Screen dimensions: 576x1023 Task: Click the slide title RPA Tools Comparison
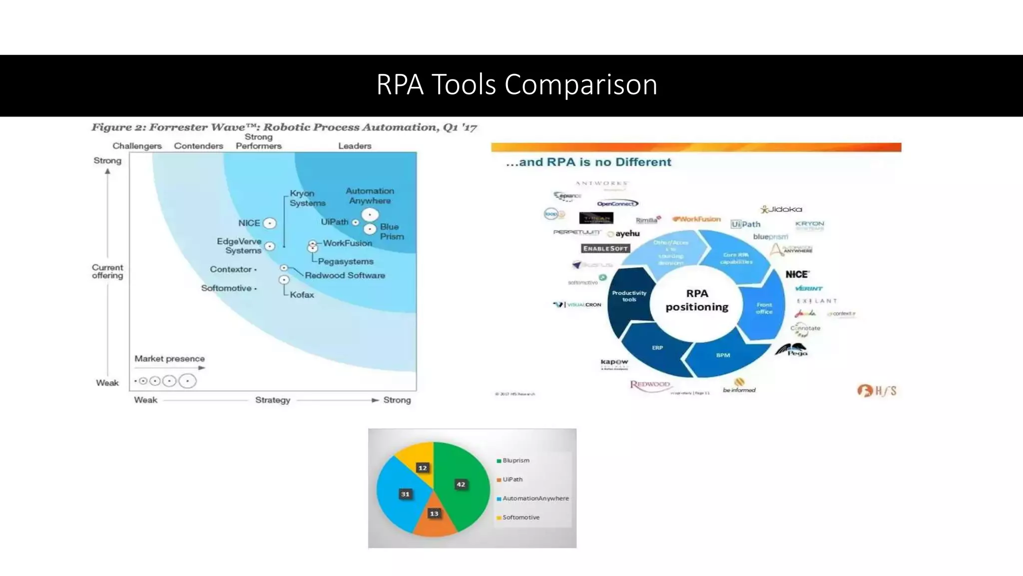(516, 84)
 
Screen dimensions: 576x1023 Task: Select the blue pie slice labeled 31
(402, 492)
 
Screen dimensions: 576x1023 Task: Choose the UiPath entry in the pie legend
(512, 479)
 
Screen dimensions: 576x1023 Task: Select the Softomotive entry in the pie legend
(520, 517)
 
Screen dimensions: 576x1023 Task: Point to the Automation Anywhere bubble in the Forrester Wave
(370, 215)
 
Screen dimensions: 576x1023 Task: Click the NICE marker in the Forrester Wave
(270, 223)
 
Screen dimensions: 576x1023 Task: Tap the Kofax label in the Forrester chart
(302, 295)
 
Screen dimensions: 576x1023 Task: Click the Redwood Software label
(345, 275)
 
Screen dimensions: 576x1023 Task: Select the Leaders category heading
(355, 146)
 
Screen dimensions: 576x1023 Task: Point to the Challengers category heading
(137, 146)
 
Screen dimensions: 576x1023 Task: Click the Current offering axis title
(107, 271)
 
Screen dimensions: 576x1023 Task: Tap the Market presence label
(169, 358)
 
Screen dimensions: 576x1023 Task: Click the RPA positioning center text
(697, 300)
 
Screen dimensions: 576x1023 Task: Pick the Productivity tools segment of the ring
(629, 296)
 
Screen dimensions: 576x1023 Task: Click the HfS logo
(877, 390)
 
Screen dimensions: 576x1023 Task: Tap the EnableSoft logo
(605, 248)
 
